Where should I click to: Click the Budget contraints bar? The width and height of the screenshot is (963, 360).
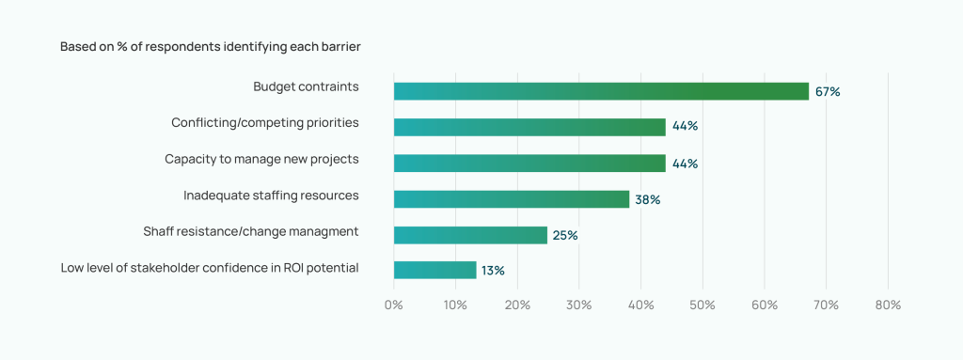point(601,91)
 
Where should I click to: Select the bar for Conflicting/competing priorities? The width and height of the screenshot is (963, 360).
point(529,127)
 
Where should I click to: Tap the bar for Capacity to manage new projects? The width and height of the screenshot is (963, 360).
point(529,163)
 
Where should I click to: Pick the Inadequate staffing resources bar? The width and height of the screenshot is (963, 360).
point(511,199)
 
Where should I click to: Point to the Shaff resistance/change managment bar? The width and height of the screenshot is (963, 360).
point(470,235)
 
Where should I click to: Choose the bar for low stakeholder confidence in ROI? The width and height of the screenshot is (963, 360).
point(434,271)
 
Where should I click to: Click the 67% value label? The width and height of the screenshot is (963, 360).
point(828,92)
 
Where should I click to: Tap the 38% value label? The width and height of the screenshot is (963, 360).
point(648,199)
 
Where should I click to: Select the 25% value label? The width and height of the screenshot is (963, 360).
point(565,235)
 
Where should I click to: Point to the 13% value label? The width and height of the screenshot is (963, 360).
point(493,271)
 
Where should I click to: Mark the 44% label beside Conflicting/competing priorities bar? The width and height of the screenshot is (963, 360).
point(685,127)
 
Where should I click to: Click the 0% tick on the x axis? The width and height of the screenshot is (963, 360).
point(394,305)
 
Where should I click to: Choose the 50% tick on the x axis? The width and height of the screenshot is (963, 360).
point(703,305)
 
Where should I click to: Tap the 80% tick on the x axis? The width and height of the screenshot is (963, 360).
point(888,305)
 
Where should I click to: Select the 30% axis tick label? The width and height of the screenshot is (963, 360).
point(579,305)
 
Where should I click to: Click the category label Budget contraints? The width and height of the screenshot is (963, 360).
point(306,86)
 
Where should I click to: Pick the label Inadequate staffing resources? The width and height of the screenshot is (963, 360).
point(271,196)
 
